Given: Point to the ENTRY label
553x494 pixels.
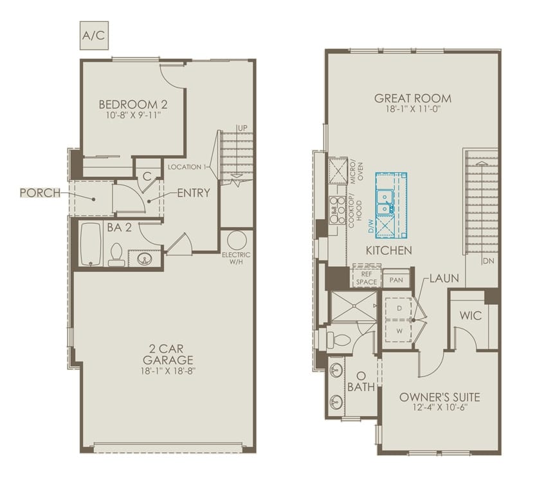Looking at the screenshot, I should click(x=193, y=193).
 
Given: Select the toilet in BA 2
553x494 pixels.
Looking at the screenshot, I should click(x=116, y=255).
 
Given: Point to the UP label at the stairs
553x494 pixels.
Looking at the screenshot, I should click(x=242, y=129).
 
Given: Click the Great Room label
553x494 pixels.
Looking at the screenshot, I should click(x=412, y=98).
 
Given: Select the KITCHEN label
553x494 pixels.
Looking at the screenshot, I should click(x=389, y=250).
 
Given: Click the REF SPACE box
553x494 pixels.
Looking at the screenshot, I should click(x=366, y=277).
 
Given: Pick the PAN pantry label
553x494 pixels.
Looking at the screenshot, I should click(x=396, y=280).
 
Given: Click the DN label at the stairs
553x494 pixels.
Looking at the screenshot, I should click(x=488, y=261).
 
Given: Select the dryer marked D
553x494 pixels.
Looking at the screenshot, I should click(x=399, y=309).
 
